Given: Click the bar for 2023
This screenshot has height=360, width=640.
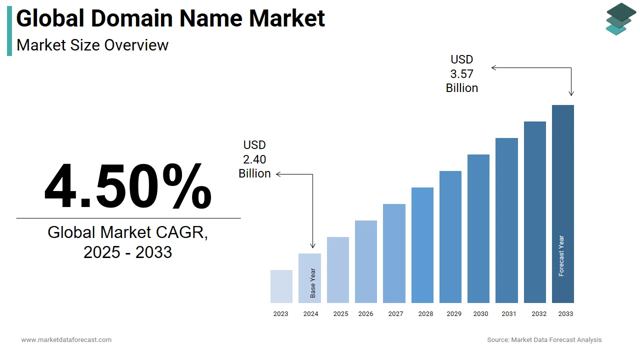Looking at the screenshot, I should click(281, 286).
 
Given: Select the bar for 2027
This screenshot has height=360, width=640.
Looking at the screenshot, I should click(394, 253).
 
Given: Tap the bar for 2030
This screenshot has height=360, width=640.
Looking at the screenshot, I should click(478, 228).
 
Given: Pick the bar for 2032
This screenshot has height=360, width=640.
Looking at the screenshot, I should click(534, 212).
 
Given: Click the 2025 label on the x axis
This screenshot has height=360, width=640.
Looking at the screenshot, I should click(340, 314).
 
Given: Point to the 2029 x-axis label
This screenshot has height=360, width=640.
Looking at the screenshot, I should click(454, 314).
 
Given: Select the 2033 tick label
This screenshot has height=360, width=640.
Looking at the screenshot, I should click(565, 314).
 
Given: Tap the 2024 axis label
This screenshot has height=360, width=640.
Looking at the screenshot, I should click(310, 314).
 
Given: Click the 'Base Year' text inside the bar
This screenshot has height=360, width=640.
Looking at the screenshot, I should click(313, 283).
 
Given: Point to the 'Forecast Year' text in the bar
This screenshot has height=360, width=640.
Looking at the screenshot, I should click(561, 256).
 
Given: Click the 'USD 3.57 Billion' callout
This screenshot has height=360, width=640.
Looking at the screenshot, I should click(461, 74).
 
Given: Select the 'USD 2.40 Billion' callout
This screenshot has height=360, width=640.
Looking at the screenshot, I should click(254, 159).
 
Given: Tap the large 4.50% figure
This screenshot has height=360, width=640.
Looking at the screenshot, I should click(128, 186).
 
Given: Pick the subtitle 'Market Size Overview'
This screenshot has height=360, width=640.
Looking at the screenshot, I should click(92, 45).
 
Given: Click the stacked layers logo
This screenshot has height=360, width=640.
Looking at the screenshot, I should click(620, 19).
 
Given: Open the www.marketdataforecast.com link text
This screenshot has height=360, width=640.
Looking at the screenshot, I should click(66, 340).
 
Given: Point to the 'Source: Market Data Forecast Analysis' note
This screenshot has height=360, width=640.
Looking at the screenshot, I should click(544, 340).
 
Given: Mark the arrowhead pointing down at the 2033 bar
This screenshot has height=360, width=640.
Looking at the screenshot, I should click(571, 93).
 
